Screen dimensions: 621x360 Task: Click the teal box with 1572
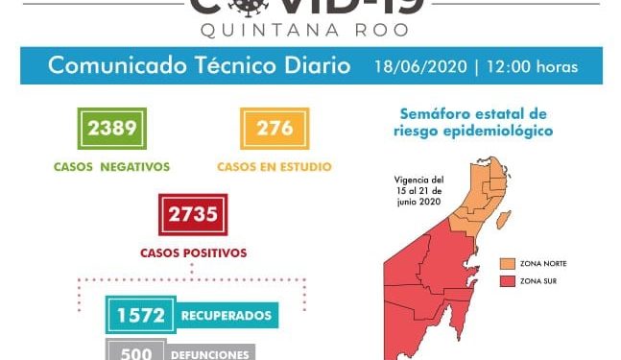pyautogui.click(x=140, y=315)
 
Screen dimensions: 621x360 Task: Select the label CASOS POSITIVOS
pyautogui.click(x=193, y=252)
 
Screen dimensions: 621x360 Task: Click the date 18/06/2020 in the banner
pyautogui.click(x=423, y=66)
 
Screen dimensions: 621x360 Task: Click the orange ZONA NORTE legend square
pyautogui.click(x=507, y=262)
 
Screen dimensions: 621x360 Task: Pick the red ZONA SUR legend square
pyautogui.click(x=507, y=280)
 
